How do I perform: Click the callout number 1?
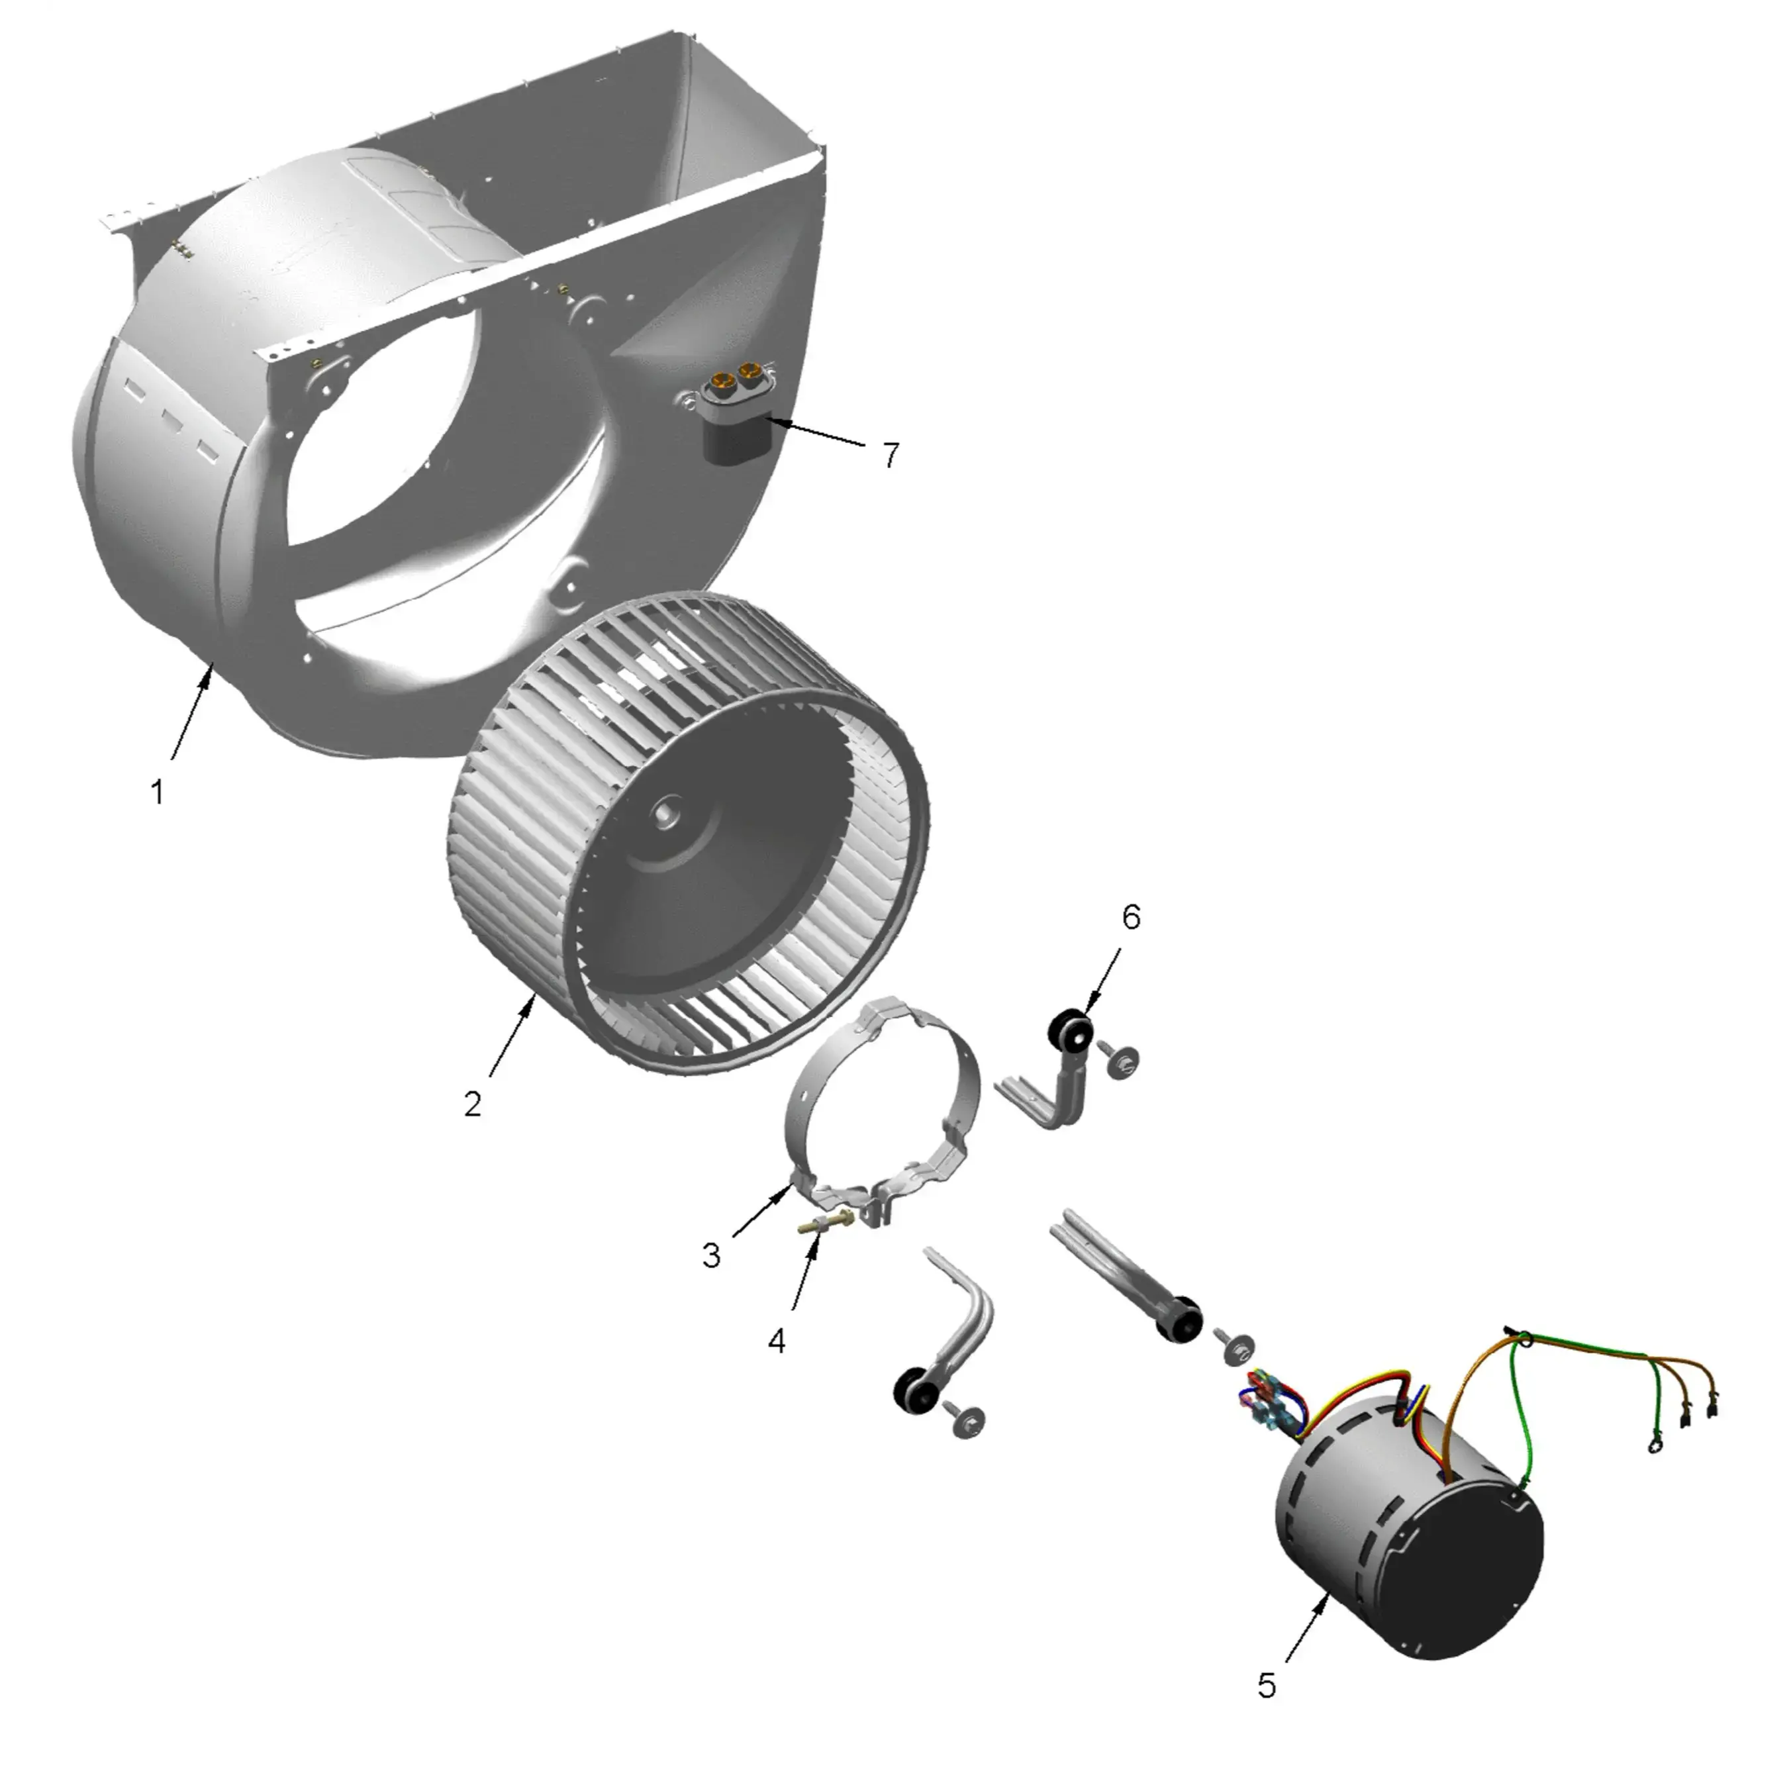tap(158, 793)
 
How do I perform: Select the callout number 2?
tap(473, 1104)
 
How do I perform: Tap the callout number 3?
tap(711, 1255)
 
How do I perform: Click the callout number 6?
tap(1131, 917)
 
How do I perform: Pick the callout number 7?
tap(891, 455)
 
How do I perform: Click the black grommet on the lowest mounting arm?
tap(912, 1392)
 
